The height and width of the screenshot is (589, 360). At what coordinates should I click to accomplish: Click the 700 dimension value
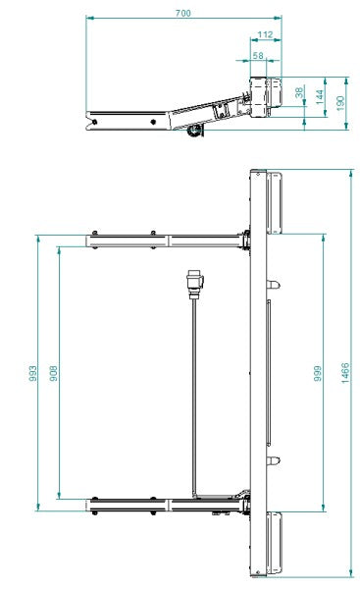[183, 13]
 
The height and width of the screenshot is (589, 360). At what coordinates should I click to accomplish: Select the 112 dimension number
[264, 34]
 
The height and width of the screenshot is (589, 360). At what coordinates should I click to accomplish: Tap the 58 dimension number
[258, 57]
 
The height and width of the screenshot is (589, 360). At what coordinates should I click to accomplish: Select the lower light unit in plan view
[276, 543]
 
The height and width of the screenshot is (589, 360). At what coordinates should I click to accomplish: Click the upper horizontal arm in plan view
[167, 239]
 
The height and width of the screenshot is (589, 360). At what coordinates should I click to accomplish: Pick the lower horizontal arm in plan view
[167, 506]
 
